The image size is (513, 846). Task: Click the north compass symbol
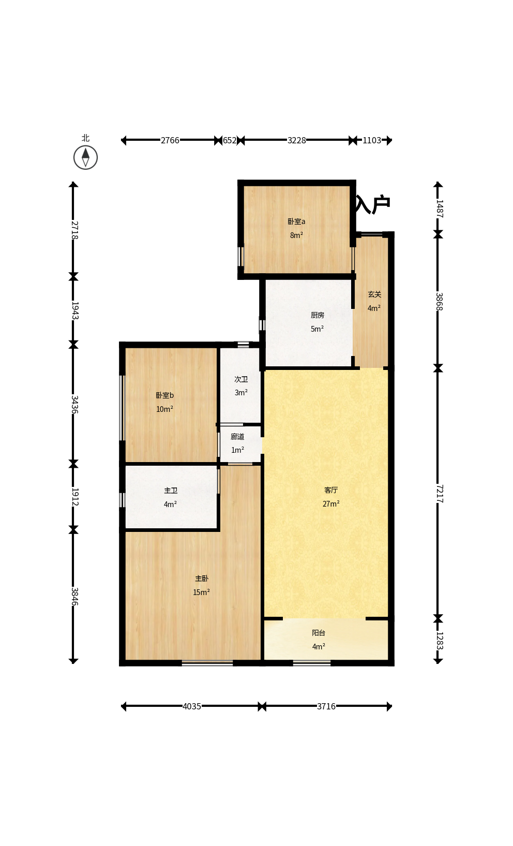pos(85,157)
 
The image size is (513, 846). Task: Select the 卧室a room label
pos(296,221)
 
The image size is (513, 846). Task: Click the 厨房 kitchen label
pos(318,315)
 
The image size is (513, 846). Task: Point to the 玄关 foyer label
pos(374,294)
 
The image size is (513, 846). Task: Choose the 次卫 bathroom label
pos(241,379)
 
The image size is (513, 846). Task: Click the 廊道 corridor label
pos(237,437)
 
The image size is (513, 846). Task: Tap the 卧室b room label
pos(164,395)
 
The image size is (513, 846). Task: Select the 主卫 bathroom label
pos(171,491)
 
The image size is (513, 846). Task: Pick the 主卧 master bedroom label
pos(202,578)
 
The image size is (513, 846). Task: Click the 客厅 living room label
pos(331,490)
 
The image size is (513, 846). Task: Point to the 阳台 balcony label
pos(319,633)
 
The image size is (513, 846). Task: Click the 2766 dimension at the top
pos(170,141)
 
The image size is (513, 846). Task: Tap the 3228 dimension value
pos(297,141)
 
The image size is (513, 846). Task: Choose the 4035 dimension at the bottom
pos(192,707)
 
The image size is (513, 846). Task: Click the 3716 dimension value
pos(326,707)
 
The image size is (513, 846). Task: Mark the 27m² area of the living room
pos(331,504)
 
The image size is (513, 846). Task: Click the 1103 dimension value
pos(372,141)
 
